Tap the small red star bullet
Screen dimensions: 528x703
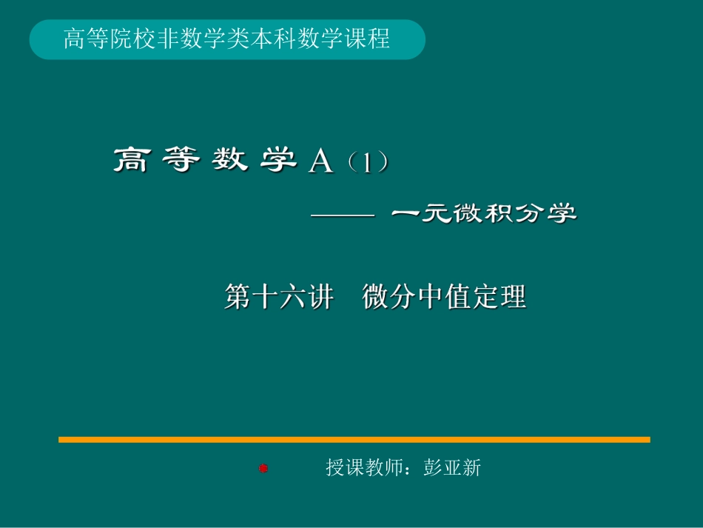coord(263,468)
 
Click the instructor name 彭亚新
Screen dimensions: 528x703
coord(452,468)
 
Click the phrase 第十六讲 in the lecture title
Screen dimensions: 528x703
coord(279,297)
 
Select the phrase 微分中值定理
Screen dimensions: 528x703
coord(444,297)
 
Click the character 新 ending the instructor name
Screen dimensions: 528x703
coord(471,468)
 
